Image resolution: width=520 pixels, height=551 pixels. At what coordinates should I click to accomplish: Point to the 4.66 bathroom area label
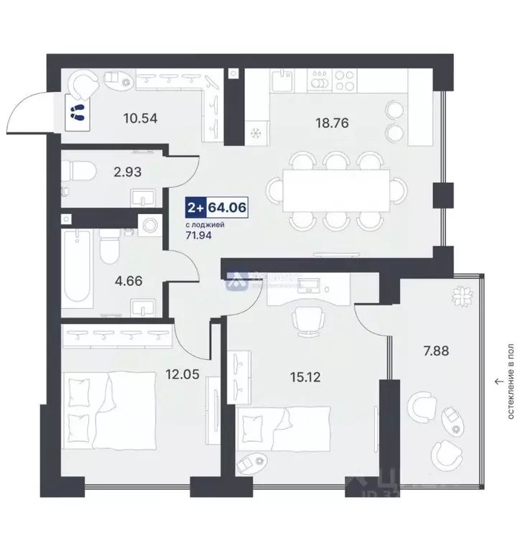[x=129, y=281]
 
